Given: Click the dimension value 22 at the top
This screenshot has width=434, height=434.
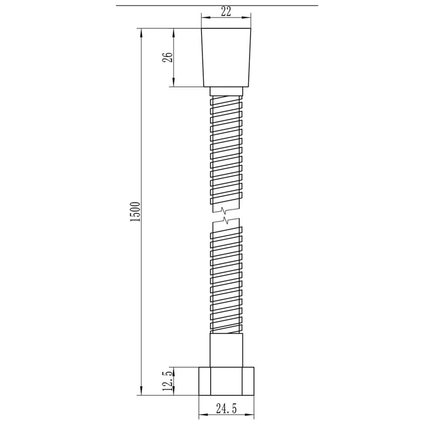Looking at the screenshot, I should pyautogui.click(x=226, y=12).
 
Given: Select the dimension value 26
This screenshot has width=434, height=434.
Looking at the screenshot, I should pyautogui.click(x=168, y=58).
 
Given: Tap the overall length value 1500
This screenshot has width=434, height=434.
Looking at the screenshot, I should pyautogui.click(x=135, y=212).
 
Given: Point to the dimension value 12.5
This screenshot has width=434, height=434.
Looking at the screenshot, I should pyautogui.click(x=168, y=381).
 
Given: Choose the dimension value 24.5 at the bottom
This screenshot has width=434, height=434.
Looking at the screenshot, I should pyautogui.click(x=226, y=409).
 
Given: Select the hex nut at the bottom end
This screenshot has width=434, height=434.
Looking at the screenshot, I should pyautogui.click(x=226, y=381).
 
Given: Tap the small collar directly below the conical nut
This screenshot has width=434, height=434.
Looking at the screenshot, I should pyautogui.click(x=226, y=92).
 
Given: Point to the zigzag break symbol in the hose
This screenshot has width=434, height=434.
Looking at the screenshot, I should pyautogui.click(x=225, y=216).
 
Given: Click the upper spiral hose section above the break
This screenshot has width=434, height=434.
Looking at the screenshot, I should pyautogui.click(x=226, y=152).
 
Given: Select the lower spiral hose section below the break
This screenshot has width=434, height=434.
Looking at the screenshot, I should pyautogui.click(x=226, y=278).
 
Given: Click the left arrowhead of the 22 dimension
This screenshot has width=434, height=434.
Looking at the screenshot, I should pyautogui.click(x=204, y=18).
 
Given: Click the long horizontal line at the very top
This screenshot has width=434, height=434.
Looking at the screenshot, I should pyautogui.click(x=217, y=5).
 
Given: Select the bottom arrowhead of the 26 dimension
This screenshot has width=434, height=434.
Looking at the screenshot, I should pyautogui.click(x=174, y=83).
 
